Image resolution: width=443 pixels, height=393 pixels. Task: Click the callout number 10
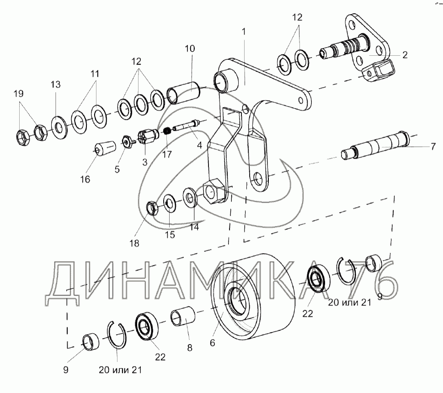click(x=190, y=48)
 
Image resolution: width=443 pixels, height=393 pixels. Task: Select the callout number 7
click(x=433, y=146)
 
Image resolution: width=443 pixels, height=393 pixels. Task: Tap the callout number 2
click(x=405, y=54)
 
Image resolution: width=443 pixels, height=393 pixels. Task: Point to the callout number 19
click(x=19, y=93)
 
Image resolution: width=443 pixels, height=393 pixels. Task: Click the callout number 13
click(x=56, y=84)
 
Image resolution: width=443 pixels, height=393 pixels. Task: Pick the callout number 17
click(x=167, y=154)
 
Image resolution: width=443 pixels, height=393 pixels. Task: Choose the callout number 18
click(x=134, y=243)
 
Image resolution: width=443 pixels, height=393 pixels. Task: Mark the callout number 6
click(x=213, y=343)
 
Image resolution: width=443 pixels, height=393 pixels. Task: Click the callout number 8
click(x=190, y=348)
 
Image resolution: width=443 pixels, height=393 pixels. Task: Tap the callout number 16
click(x=85, y=179)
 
